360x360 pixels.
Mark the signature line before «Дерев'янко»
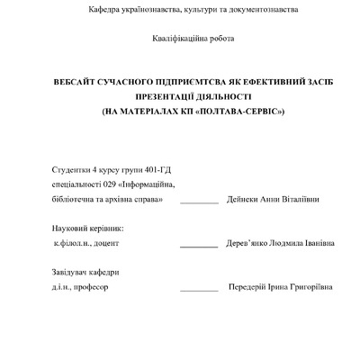pyautogui.click(x=199, y=247)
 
